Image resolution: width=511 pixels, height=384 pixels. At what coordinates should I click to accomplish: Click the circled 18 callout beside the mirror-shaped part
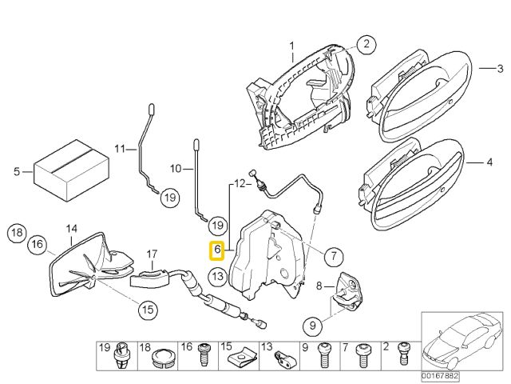click(17, 234)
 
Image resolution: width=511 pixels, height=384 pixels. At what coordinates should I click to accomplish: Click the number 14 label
click(71, 228)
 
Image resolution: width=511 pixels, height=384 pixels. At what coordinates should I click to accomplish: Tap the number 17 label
click(152, 254)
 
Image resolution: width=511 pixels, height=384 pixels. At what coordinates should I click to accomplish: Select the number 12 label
click(238, 184)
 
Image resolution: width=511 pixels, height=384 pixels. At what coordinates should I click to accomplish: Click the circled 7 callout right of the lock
click(333, 257)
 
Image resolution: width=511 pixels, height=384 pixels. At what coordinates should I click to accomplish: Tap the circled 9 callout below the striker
click(314, 326)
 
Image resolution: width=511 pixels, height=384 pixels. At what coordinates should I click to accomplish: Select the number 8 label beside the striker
click(319, 285)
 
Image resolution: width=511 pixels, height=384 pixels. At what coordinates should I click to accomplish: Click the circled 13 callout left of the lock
click(217, 276)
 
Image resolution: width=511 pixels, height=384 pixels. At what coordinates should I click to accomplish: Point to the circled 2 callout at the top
click(365, 45)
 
